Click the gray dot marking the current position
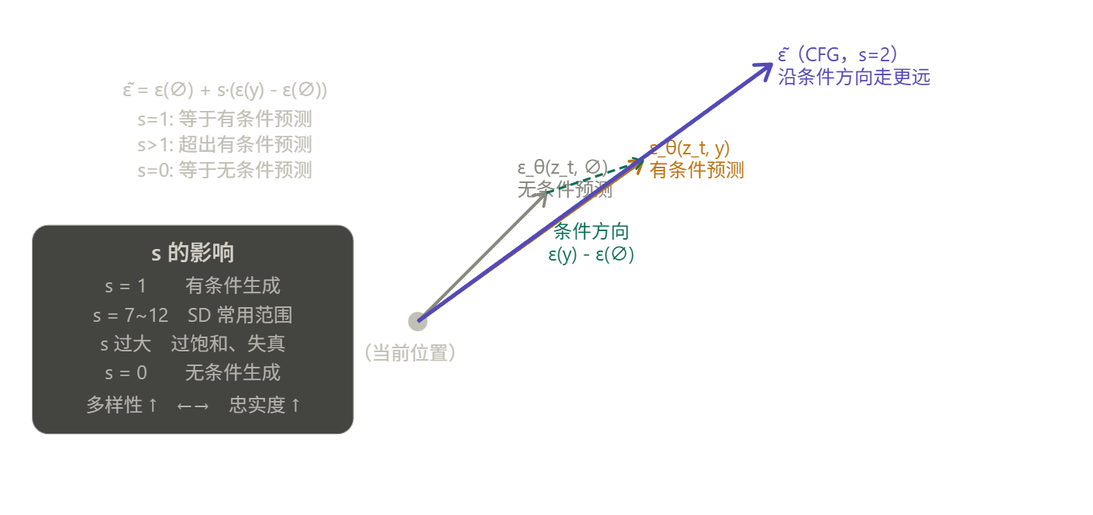pos(418,321)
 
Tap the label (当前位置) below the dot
pos(410,354)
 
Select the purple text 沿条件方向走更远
pos(853,77)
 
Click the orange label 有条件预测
pos(697,170)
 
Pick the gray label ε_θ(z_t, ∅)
pos(562,168)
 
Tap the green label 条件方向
pos(591,232)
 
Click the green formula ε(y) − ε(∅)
pos(591,254)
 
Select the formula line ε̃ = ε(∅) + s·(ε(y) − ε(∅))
pos(225,90)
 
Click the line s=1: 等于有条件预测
pos(225,119)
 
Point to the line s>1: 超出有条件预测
pos(225,145)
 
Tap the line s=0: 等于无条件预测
pos(225,171)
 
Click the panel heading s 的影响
pos(192,253)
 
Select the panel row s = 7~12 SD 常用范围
pos(192,316)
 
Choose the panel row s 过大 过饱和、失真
pos(192,344)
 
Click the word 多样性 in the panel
pos(114,405)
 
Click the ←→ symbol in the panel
pos(193,406)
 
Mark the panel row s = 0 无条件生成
pos(192,373)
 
